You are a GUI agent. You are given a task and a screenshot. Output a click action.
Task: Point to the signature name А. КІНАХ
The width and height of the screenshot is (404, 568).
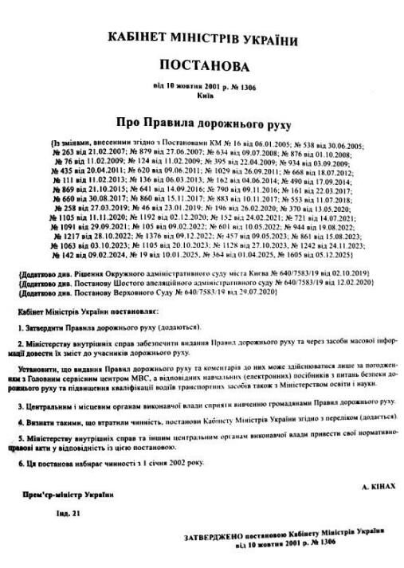(378, 484)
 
